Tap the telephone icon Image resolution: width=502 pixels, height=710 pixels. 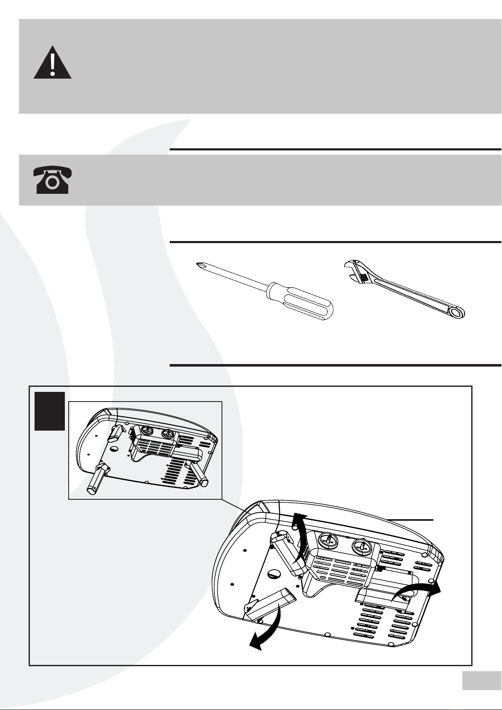tap(52, 180)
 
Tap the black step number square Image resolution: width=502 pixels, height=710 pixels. tap(50, 411)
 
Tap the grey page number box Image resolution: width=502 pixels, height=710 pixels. tap(479, 681)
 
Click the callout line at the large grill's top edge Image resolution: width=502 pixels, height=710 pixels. tap(411, 520)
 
